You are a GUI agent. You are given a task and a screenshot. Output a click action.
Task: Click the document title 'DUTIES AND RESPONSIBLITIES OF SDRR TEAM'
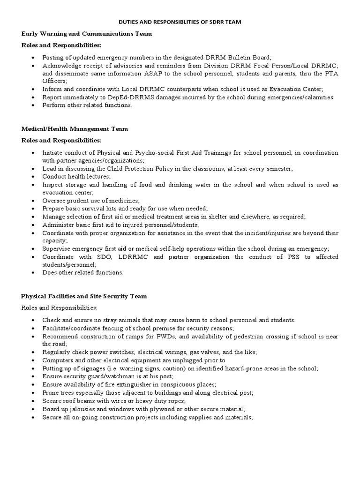tap(180, 22)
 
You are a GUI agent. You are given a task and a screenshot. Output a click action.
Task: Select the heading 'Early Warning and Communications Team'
tap(86, 34)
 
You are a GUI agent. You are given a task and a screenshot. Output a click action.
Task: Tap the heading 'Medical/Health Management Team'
tap(75, 128)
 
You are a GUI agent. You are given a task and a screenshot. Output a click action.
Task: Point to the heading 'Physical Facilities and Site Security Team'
tap(84, 296)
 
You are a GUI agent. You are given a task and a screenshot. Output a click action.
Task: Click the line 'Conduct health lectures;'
tap(76, 176)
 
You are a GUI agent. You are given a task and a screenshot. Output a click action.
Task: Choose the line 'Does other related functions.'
tap(83, 272)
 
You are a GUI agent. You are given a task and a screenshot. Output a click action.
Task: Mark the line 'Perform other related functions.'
tap(87, 105)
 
